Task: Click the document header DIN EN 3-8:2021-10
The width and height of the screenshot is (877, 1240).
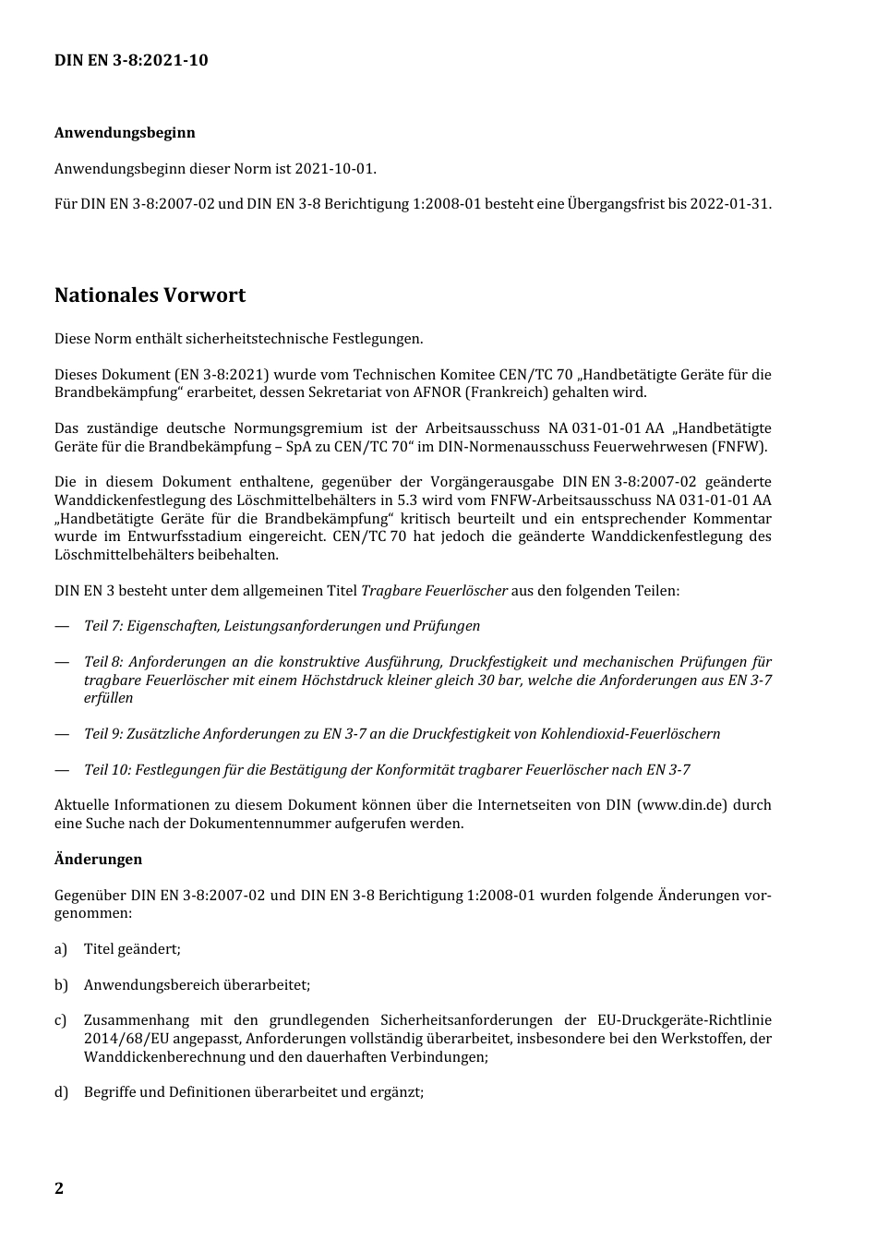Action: coord(131,60)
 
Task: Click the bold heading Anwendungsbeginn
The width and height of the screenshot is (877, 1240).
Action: coord(125,132)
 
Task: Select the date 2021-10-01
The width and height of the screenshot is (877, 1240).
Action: coord(335,168)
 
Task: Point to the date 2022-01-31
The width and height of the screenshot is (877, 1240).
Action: coord(731,203)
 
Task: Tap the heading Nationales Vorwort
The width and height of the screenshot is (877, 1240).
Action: coord(150,295)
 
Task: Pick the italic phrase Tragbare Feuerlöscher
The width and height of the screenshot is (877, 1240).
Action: coord(434,590)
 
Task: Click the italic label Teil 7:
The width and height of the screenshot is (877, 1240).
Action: coord(103,626)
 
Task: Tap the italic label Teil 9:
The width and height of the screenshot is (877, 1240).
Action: coord(103,734)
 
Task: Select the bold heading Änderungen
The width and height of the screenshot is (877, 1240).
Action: coord(98,860)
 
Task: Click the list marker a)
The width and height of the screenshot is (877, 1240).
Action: coord(61,949)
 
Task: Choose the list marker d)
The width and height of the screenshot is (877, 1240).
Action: coord(61,1092)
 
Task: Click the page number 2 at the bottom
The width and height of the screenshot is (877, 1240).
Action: coord(59,1188)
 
